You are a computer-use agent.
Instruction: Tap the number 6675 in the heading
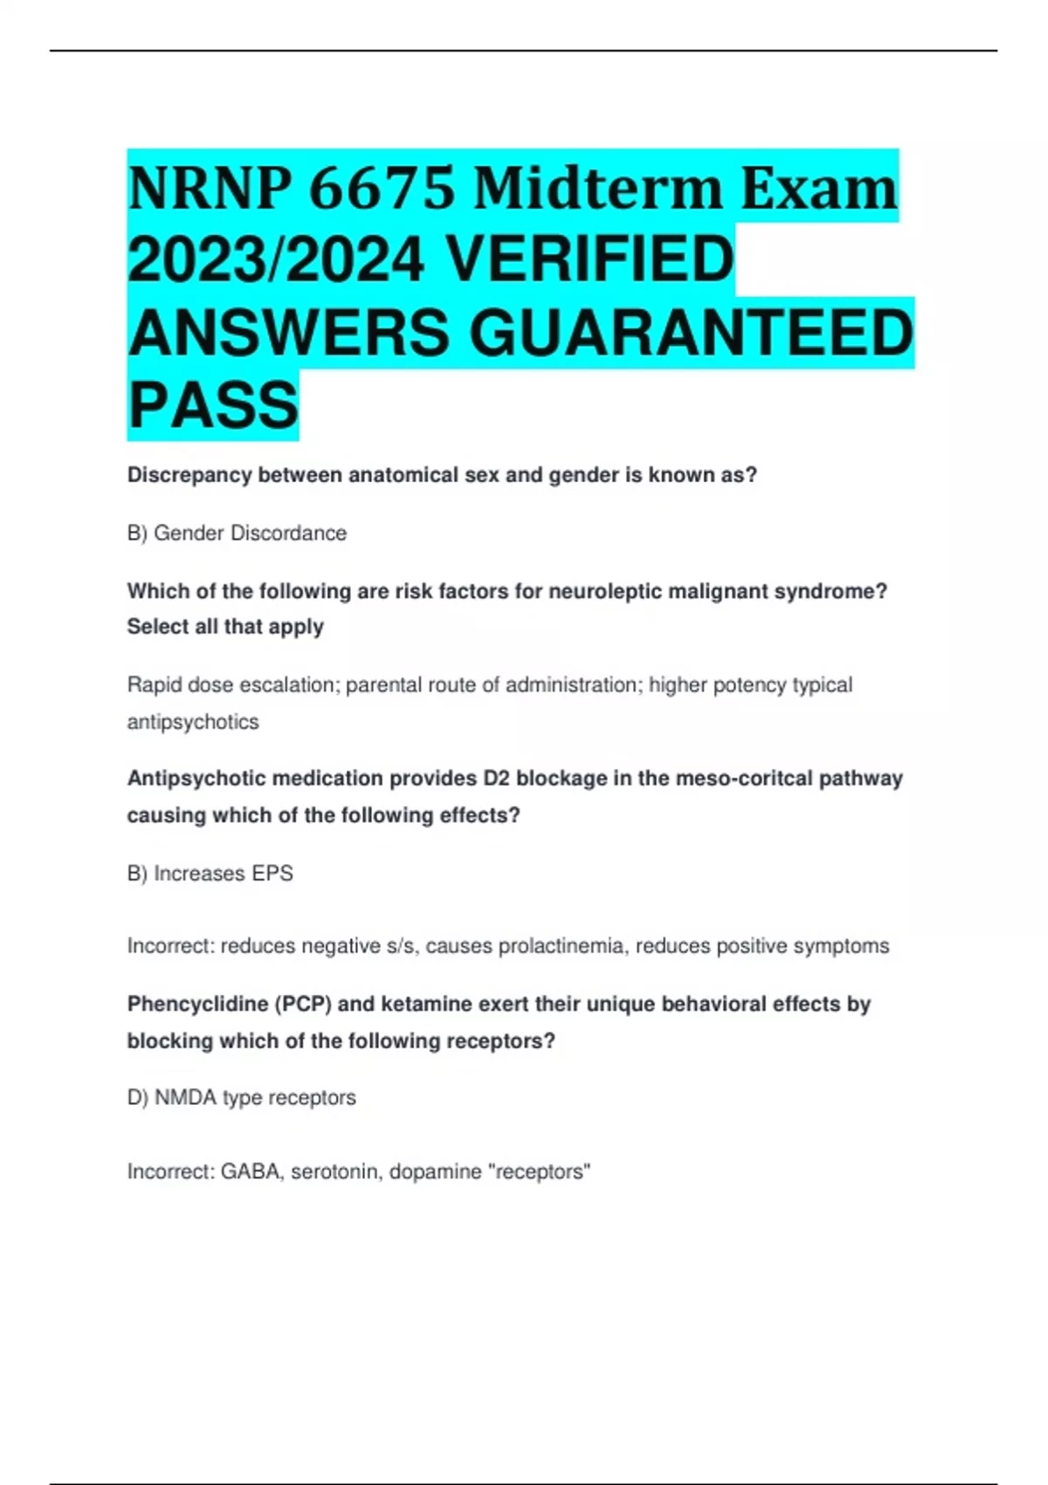pos(382,189)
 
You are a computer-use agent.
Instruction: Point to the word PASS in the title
pos(213,404)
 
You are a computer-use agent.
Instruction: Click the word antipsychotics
pos(193,722)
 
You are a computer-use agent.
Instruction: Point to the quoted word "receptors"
pos(542,1171)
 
